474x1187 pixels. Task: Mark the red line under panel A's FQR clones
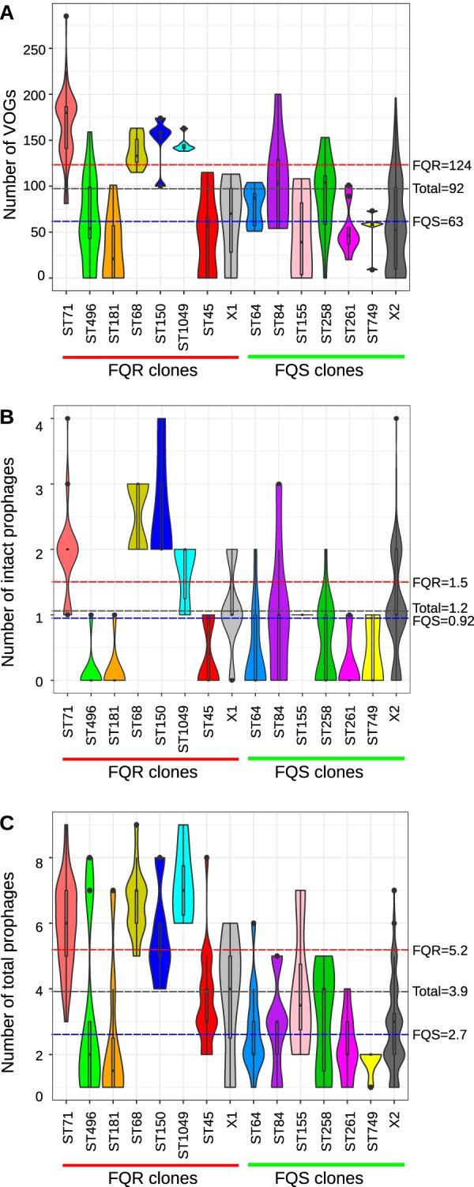tap(149, 357)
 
